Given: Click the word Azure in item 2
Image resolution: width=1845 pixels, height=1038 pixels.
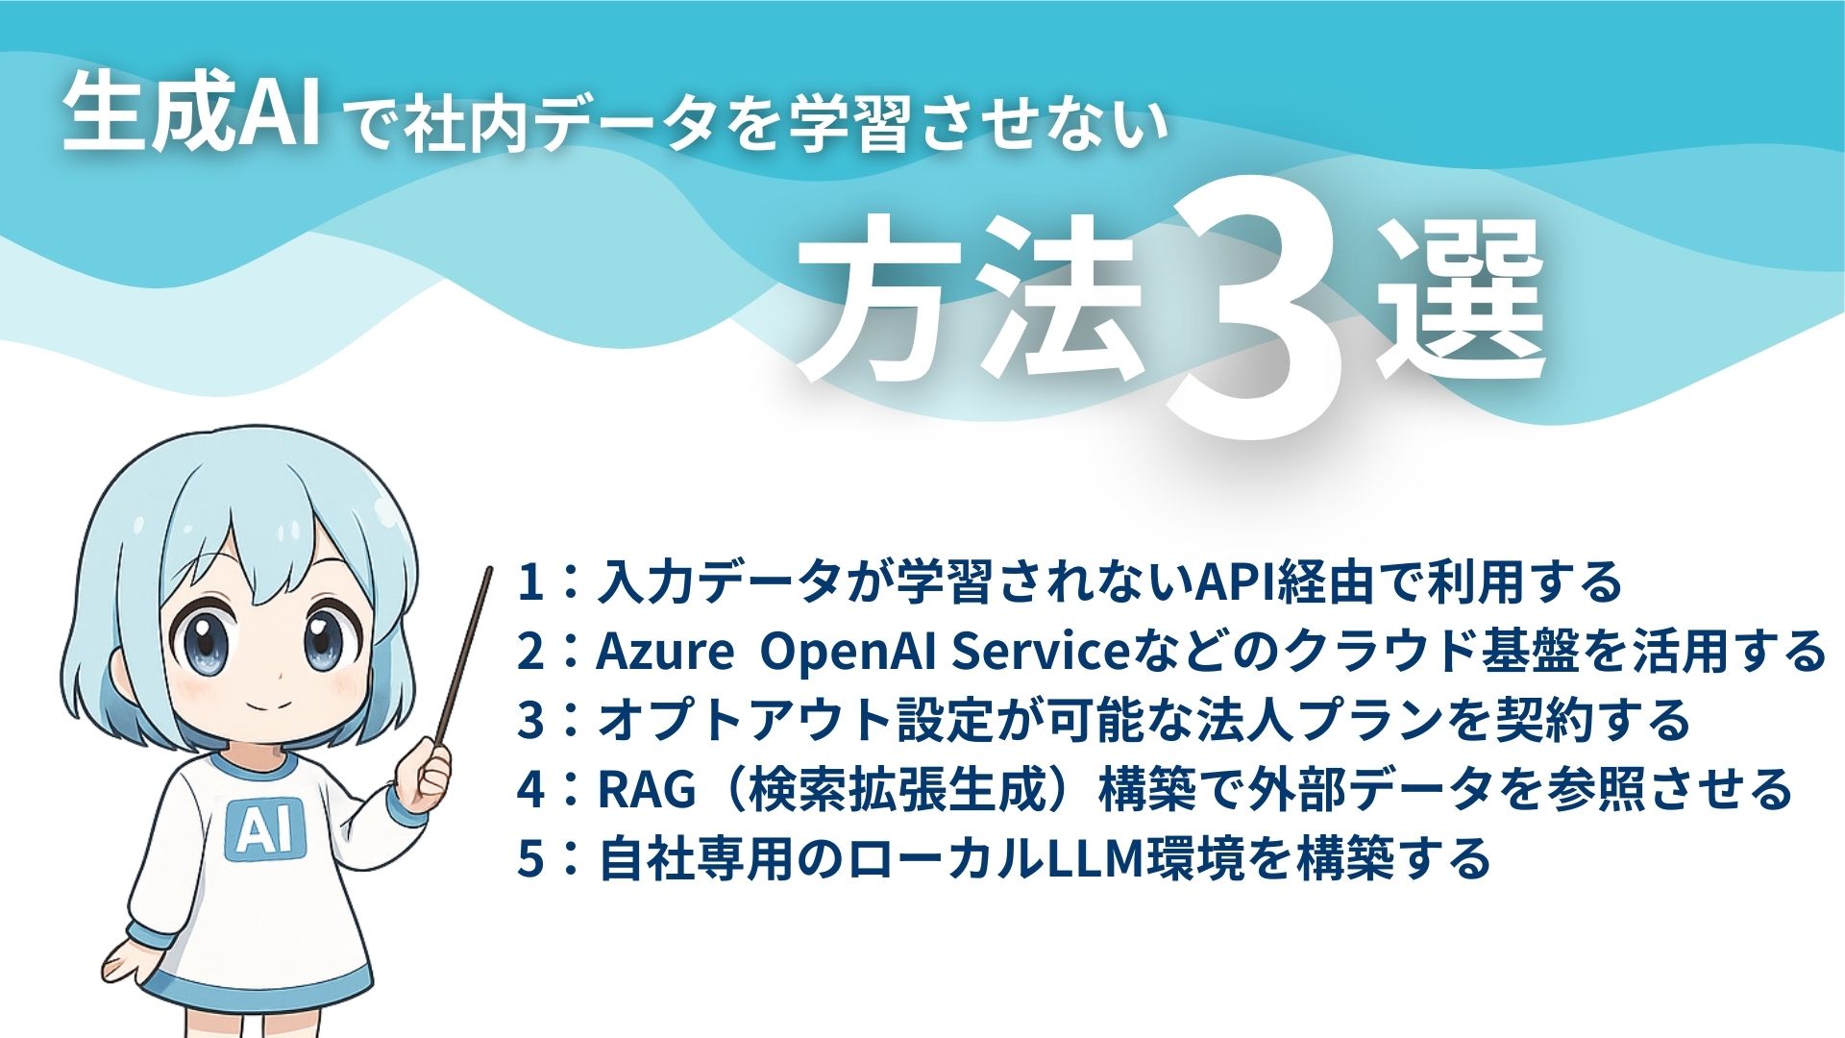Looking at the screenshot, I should [664, 652].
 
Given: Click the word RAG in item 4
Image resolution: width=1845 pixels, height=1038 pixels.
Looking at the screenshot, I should [646, 789].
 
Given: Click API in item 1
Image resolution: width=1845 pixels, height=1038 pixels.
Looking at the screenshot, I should [1233, 582].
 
